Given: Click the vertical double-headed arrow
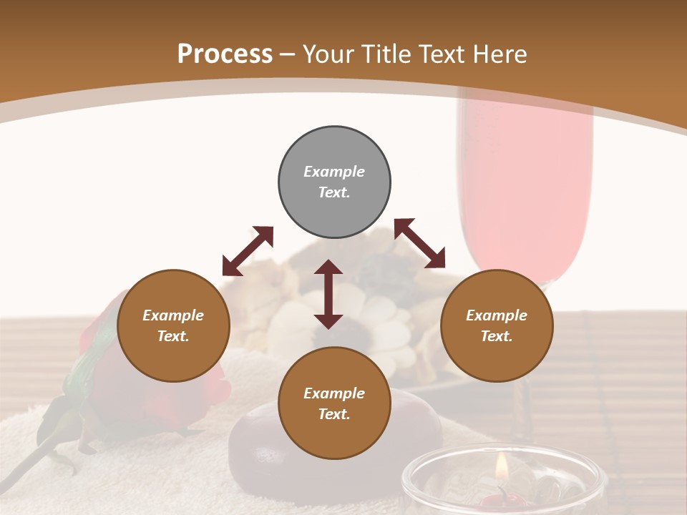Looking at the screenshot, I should click(x=328, y=294).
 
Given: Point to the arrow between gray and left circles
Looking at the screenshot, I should click(x=248, y=250).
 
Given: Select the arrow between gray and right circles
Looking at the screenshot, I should click(x=419, y=243).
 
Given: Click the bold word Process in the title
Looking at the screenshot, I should click(x=225, y=54).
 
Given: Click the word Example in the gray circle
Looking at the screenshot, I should click(x=334, y=172).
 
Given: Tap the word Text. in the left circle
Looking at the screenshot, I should click(x=173, y=336).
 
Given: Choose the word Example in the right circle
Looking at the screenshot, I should click(x=497, y=315).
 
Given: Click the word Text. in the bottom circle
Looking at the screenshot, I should click(x=334, y=414).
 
